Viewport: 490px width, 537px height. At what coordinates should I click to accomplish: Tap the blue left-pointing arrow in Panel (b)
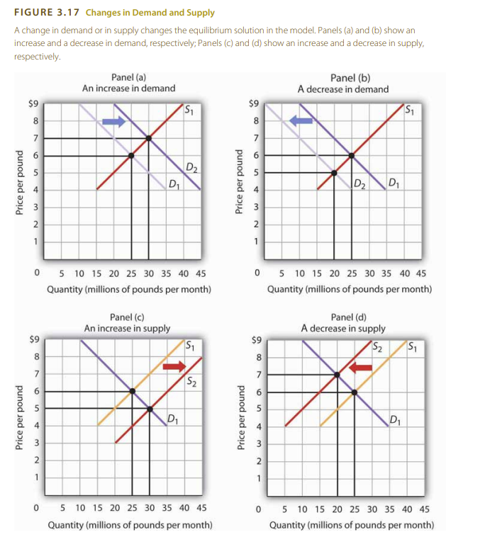tap(301, 122)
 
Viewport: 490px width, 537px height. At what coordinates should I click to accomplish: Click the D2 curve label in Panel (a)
tap(192, 167)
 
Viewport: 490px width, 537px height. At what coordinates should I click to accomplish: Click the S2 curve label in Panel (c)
tap(191, 383)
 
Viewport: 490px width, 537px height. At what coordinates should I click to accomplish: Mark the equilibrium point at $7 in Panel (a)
tap(148, 138)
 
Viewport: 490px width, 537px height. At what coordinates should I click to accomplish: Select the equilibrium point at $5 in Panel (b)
tap(334, 172)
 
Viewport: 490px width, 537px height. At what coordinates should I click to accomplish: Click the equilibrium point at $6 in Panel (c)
tap(131, 391)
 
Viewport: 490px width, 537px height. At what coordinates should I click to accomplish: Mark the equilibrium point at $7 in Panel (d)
tap(337, 374)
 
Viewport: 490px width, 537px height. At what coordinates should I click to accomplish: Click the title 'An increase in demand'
tap(129, 89)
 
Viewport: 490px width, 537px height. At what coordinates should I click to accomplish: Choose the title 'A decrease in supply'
tap(343, 328)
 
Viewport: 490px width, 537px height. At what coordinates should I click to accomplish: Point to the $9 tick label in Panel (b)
tap(255, 103)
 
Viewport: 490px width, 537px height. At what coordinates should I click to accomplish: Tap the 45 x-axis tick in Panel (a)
tap(200, 274)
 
